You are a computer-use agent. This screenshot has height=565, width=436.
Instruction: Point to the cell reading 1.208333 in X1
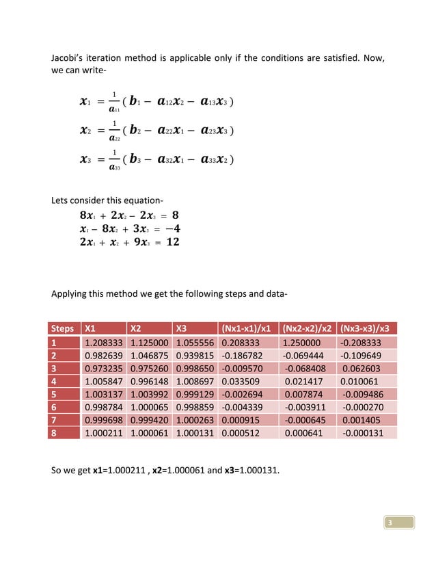[103, 341]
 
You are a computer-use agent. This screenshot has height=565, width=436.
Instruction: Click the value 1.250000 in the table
[303, 341]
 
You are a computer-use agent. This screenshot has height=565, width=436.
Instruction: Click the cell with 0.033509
[242, 382]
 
